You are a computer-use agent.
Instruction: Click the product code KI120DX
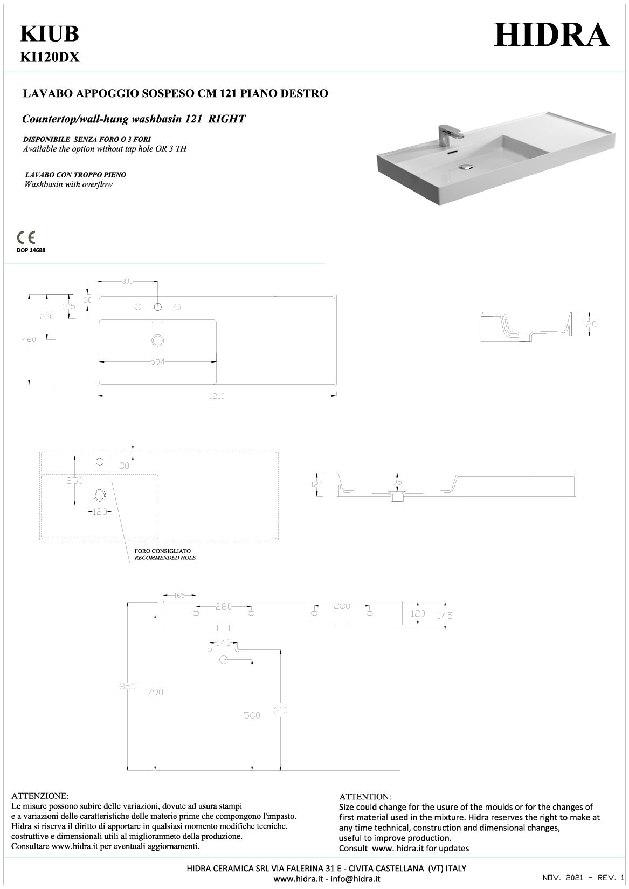tap(50, 57)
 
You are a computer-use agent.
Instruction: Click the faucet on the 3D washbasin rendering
tap(447, 134)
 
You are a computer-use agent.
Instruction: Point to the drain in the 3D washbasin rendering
tap(465, 167)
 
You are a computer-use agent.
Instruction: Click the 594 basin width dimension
tap(158, 362)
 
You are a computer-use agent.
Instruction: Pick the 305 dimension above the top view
tap(128, 281)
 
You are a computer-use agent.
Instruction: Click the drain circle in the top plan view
tap(158, 340)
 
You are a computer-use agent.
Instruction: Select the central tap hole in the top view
tap(158, 307)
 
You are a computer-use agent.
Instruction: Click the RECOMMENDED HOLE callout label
tap(165, 557)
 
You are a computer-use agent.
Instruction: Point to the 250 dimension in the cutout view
tap(74, 481)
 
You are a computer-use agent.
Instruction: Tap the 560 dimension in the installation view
tap(252, 715)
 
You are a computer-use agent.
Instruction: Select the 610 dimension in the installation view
tap(280, 710)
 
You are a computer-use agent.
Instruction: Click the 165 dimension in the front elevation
tap(179, 596)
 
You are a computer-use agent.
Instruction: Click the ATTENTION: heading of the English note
tap(365, 796)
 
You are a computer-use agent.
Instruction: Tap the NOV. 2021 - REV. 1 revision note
tap(583, 879)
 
